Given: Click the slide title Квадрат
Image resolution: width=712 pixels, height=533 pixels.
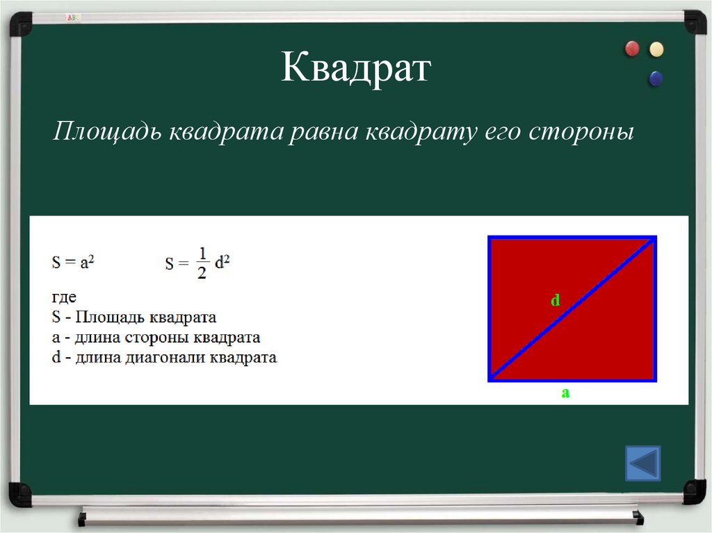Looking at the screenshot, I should click(356, 70).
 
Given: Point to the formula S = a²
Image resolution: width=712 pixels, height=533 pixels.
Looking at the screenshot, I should click(73, 262).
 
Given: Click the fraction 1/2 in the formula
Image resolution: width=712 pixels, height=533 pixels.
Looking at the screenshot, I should click(202, 262).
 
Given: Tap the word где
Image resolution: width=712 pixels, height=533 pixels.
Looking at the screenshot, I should click(64, 297).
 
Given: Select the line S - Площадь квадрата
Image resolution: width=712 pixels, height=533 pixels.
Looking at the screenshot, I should click(134, 318).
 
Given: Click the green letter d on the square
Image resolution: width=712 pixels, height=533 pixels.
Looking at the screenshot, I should click(556, 300).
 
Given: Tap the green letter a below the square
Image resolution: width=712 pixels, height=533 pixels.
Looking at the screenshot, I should click(565, 393).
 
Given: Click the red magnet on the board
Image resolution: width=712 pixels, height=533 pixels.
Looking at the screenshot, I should click(632, 49).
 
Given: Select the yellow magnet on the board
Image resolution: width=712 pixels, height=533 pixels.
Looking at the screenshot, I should click(656, 49).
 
